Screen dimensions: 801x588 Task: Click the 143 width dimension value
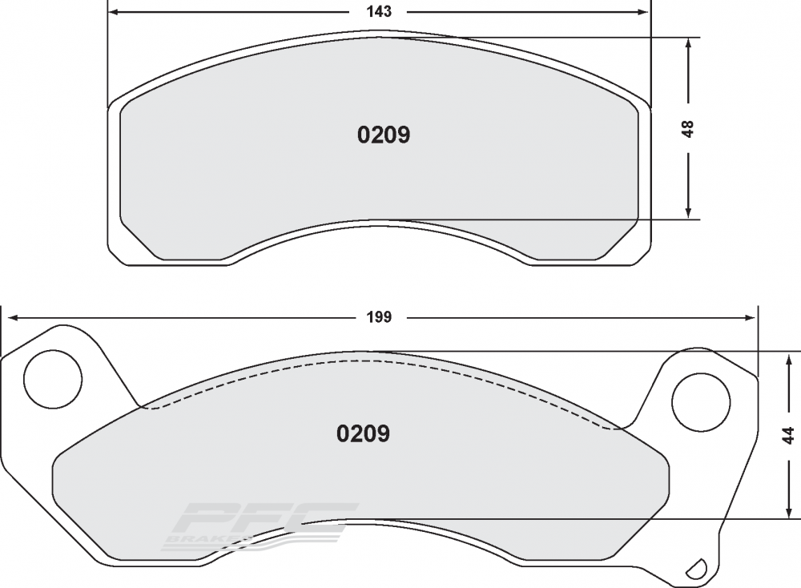(x=379, y=11)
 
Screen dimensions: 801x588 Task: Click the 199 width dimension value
(x=379, y=317)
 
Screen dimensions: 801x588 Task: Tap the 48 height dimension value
(x=688, y=129)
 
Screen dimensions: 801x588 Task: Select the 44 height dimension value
(x=789, y=435)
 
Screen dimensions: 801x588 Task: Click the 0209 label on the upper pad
(x=384, y=135)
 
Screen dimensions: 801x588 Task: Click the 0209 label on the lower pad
(x=363, y=433)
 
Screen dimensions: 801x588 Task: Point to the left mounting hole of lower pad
(x=53, y=379)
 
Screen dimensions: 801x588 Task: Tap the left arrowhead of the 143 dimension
(x=115, y=12)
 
